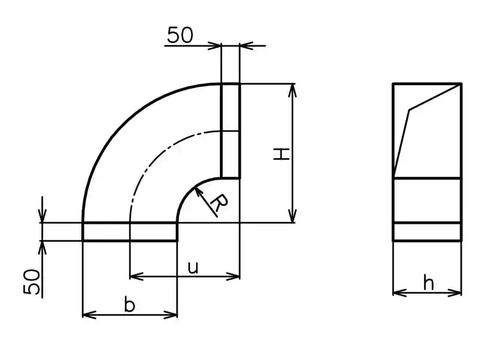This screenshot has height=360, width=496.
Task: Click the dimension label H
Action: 281,154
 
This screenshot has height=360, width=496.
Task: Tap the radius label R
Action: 219,203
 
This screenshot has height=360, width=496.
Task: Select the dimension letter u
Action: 192,268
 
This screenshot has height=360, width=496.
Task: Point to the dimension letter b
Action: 129,305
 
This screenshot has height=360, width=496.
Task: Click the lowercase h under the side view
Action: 428,283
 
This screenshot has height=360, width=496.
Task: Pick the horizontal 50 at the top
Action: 180,35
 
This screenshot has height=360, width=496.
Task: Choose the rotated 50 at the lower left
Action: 32,282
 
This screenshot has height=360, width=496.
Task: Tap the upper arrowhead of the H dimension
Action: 293,90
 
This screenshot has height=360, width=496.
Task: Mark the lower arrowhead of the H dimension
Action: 293,216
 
